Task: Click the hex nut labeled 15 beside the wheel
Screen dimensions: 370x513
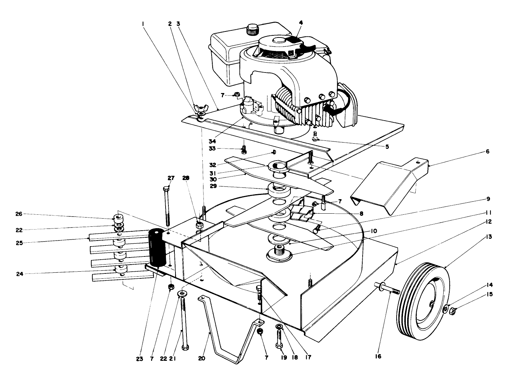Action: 452,311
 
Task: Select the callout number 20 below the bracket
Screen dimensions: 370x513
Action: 202,358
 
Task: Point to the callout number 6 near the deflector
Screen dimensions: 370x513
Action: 487,151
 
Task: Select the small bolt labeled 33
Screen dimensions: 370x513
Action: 244,150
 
